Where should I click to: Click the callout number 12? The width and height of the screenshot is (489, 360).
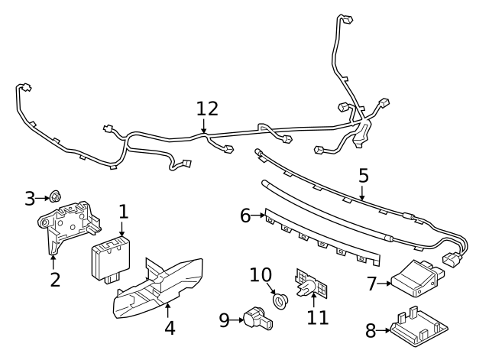206,109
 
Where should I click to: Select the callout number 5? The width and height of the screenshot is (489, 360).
364,176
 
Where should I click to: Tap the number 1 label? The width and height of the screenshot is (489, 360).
123,212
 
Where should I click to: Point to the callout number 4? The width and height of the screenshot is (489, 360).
170,329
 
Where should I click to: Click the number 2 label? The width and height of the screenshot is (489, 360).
54,279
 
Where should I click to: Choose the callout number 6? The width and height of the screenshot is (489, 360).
246,216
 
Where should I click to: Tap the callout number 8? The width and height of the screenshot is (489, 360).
371,331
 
